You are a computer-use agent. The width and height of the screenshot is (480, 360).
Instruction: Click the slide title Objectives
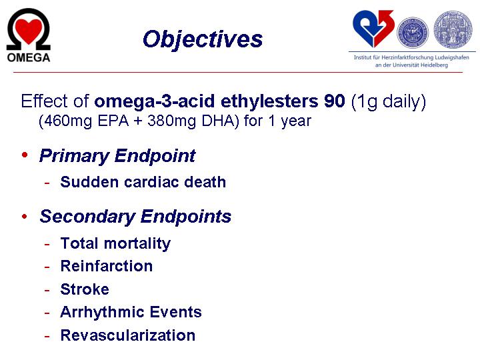coord(203,40)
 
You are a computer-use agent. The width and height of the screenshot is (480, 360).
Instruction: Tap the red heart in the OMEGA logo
coord(29,31)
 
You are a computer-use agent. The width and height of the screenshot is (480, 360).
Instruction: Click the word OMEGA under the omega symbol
coord(29,57)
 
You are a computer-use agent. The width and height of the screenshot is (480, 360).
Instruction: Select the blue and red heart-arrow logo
coord(373,29)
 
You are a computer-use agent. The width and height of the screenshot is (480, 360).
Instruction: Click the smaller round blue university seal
coord(413,32)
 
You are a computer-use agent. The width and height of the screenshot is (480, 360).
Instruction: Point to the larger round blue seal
coord(453,29)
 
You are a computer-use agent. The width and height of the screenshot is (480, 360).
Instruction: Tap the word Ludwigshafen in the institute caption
coord(452,57)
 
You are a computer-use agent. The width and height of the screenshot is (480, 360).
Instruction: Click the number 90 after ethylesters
coord(335,101)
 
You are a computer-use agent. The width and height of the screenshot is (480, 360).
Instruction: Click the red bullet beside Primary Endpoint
coord(25,155)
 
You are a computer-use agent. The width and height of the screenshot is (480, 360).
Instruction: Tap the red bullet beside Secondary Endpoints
coord(25,217)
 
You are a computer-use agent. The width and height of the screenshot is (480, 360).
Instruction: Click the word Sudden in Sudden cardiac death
coord(90,182)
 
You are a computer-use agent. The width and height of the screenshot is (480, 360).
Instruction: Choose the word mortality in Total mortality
coord(137,244)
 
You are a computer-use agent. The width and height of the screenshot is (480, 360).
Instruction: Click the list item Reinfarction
coord(107,266)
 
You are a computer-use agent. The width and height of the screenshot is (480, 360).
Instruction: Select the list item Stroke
coord(85,289)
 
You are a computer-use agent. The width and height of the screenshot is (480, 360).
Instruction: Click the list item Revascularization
coord(128,335)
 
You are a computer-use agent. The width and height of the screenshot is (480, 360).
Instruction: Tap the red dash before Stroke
coord(47,289)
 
